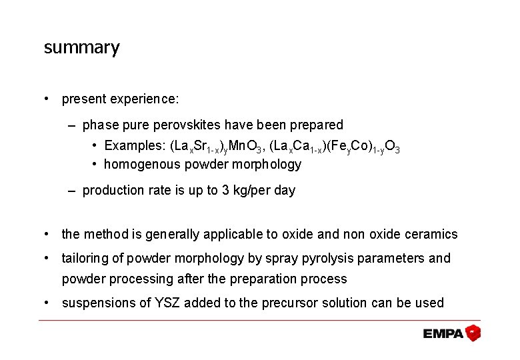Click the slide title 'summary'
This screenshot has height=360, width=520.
coord(81,48)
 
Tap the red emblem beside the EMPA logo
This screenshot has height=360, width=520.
coord(473,333)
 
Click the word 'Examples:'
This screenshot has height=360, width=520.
coord(135,146)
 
